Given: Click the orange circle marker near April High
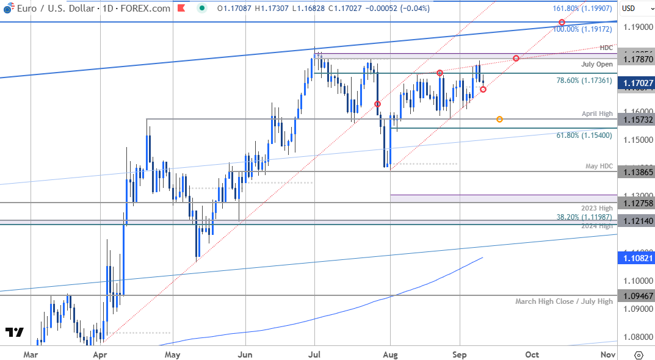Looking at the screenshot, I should click(x=499, y=119).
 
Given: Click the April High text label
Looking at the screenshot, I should click(x=597, y=113).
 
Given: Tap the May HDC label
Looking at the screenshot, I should click(x=599, y=166).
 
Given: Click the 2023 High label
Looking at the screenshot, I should click(x=598, y=209).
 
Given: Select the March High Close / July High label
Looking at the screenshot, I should click(x=563, y=301).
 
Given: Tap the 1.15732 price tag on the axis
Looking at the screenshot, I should click(x=635, y=120).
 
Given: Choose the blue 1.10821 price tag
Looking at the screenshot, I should click(x=635, y=259).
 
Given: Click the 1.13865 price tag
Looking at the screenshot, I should click(x=635, y=172).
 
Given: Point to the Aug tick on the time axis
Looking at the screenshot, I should click(x=391, y=355).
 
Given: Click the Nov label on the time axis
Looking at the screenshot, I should click(x=607, y=355).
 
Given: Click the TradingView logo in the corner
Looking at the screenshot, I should click(x=15, y=333).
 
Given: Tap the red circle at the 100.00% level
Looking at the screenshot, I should click(x=562, y=23).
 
